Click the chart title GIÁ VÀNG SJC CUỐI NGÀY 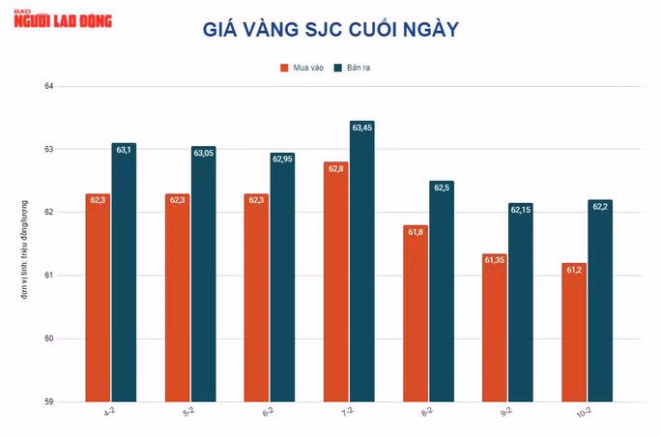(330, 30)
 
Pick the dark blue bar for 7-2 (361, 261)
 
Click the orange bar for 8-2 (416, 313)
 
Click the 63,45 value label (362, 128)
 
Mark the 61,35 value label (495, 260)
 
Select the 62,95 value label (282, 159)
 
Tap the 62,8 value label (336, 168)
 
